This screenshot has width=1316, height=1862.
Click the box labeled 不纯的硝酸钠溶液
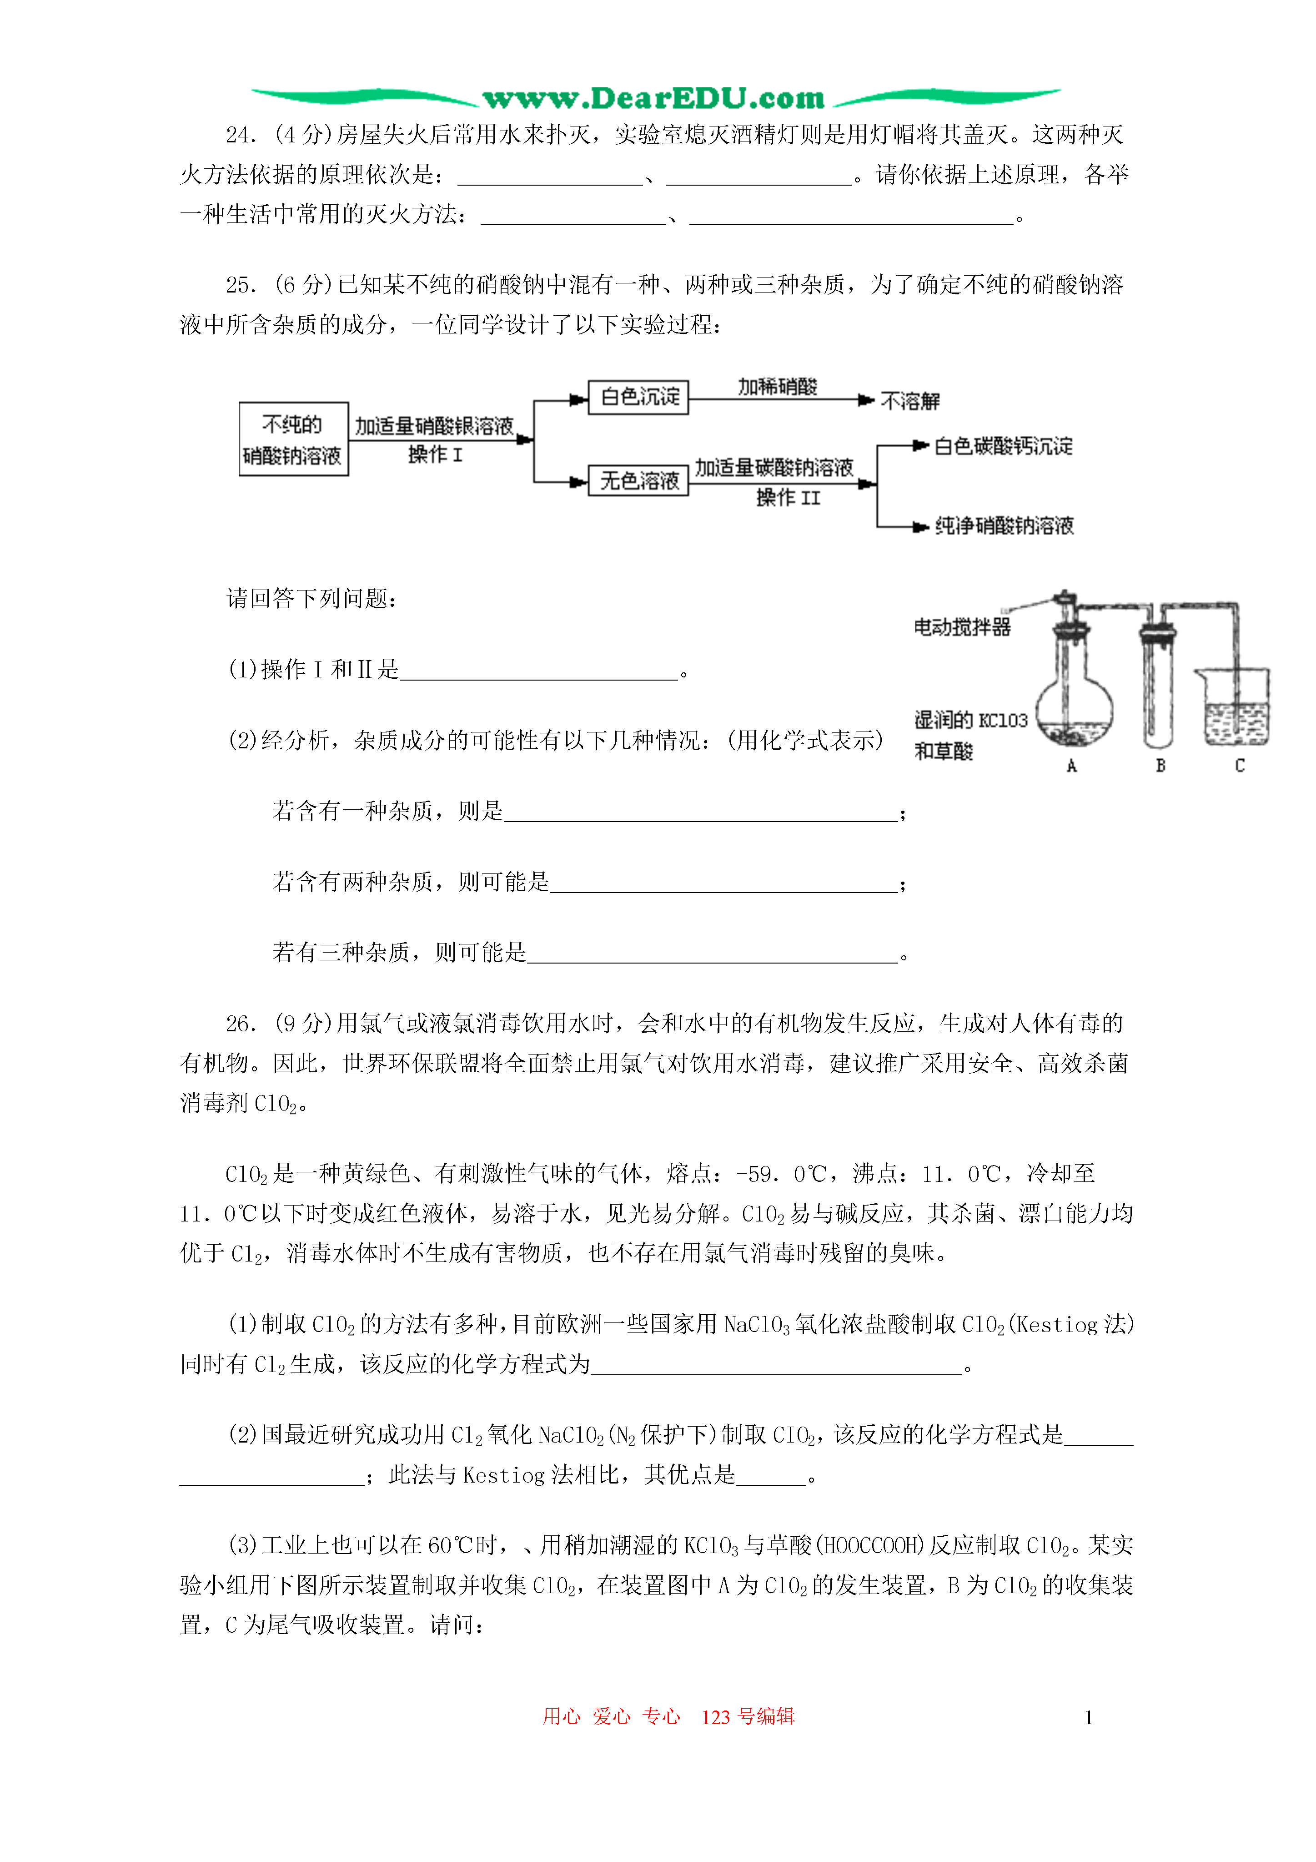click(293, 439)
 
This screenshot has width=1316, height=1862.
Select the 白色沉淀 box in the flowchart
click(638, 397)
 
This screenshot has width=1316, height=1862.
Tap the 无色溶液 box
click(638, 480)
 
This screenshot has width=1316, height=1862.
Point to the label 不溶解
click(910, 401)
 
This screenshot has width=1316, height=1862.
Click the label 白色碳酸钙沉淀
click(1003, 445)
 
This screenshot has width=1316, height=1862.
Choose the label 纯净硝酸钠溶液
click(1004, 525)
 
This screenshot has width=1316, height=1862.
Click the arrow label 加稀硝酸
click(777, 386)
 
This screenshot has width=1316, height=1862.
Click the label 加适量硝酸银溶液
click(434, 426)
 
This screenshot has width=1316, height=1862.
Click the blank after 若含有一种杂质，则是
click(701, 812)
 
